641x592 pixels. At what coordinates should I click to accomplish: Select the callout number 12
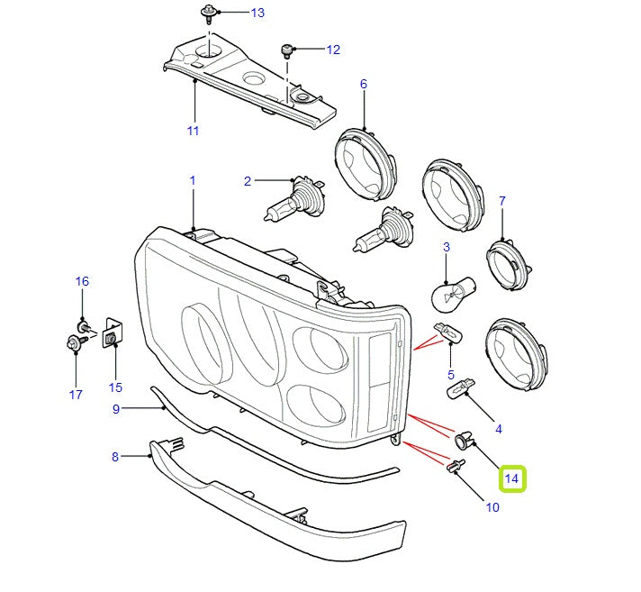333,50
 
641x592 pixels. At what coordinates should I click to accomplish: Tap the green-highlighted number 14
512,478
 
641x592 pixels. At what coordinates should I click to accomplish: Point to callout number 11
193,131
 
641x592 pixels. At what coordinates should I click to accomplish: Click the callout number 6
364,84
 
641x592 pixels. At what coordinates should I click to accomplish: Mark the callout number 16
82,281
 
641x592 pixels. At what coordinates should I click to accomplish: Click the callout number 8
115,457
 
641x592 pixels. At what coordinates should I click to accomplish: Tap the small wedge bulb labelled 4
461,390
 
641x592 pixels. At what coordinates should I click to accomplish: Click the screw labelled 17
73,343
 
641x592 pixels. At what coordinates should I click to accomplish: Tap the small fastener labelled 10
456,466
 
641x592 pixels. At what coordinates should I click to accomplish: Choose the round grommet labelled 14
465,440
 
